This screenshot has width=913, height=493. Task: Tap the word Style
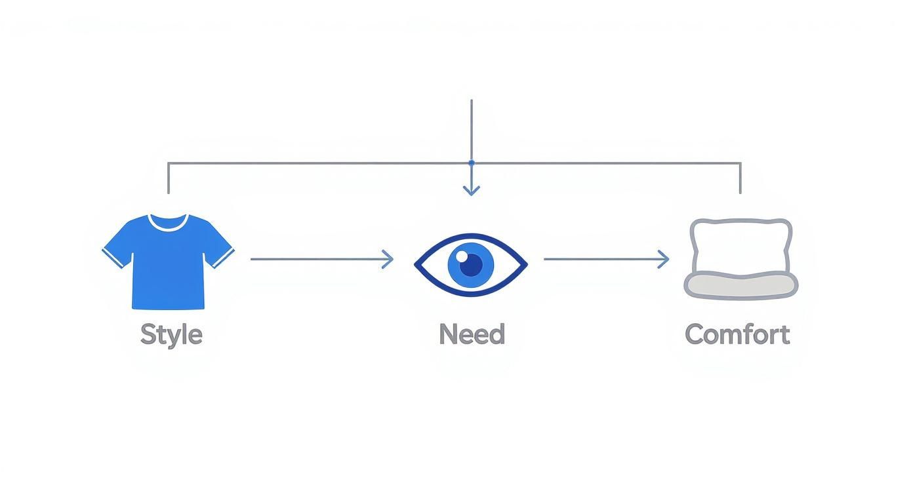[171, 335]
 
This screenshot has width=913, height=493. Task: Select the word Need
[472, 335]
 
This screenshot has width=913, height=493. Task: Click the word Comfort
[737, 335]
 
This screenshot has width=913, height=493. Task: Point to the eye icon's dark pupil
[471, 266]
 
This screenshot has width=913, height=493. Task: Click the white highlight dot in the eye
[462, 255]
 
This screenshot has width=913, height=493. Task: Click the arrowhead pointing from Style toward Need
[390, 260]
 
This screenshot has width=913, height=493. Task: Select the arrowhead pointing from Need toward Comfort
[665, 260]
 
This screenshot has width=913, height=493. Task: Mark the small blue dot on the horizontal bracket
[471, 163]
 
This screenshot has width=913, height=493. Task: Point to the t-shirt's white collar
[168, 221]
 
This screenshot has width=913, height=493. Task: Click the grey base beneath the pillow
[741, 286]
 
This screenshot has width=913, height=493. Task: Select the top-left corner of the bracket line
[169, 163]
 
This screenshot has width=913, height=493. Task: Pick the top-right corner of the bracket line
[741, 163]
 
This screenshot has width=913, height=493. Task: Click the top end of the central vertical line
[471, 101]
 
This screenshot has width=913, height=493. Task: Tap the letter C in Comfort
[695, 335]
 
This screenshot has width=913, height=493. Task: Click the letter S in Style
[148, 335]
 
